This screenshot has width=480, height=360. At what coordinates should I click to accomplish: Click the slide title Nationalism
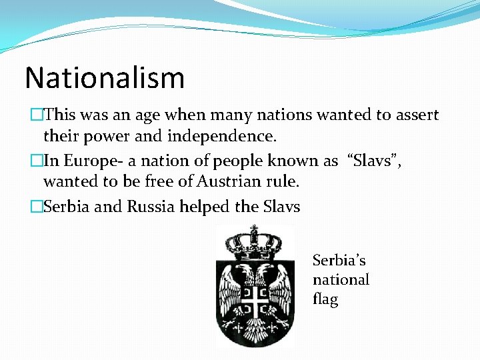click(105, 78)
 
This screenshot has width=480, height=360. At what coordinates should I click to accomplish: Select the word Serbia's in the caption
click(339, 260)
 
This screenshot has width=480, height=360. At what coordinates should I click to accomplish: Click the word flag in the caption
click(325, 299)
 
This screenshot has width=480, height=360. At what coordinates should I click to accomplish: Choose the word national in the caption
click(341, 280)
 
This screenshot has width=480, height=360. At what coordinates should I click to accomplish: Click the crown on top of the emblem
click(255, 241)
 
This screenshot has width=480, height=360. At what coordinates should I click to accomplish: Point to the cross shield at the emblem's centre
click(255, 301)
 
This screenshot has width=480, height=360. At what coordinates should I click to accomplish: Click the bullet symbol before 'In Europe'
click(37, 161)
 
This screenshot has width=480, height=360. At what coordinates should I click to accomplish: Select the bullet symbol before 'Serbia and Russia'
click(37, 207)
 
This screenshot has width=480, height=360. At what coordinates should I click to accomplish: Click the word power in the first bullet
click(97, 136)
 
